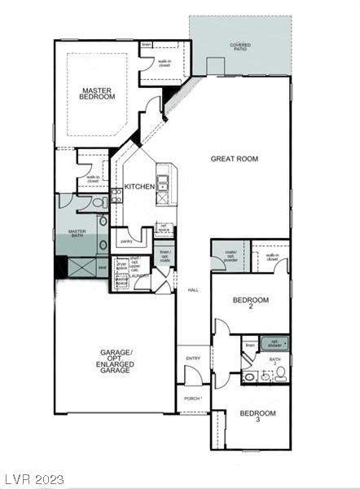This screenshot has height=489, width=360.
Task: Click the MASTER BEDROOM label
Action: click(x=97, y=92)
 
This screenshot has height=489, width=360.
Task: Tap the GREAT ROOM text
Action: click(x=235, y=159)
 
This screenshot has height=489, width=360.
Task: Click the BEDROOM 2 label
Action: click(x=251, y=303)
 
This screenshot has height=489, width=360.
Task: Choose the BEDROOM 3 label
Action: click(x=257, y=416)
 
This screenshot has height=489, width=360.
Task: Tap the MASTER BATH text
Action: click(x=77, y=234)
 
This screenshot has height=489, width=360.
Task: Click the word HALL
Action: click(x=193, y=290)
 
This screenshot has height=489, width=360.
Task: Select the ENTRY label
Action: click(x=193, y=358)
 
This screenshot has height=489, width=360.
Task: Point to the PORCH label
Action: click(x=192, y=399)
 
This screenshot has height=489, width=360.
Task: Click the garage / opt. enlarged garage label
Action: click(x=115, y=361)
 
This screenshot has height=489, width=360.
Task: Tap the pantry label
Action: click(x=126, y=241)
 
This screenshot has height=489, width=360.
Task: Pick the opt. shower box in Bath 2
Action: click(x=274, y=343)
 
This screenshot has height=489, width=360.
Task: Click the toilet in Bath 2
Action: click(x=279, y=372)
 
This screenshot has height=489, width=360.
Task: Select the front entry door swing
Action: click(x=192, y=376)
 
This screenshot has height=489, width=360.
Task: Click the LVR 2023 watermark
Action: click(x=34, y=479)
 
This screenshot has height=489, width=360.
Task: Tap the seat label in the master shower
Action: click(x=102, y=267)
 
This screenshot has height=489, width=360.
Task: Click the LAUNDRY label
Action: click(x=141, y=276)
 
